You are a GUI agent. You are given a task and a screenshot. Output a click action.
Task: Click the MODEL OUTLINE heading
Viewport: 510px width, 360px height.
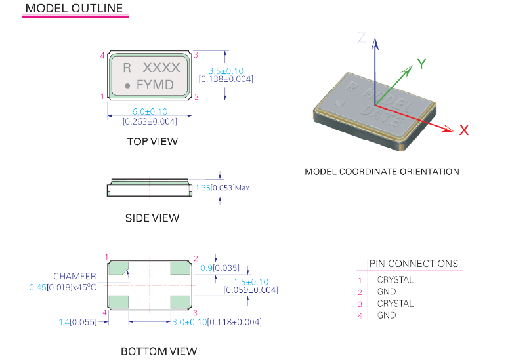click(x=74, y=9)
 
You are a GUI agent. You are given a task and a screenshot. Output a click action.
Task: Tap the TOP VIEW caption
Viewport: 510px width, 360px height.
click(x=152, y=141)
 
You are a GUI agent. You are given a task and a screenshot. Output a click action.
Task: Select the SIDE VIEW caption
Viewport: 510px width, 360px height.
click(x=152, y=218)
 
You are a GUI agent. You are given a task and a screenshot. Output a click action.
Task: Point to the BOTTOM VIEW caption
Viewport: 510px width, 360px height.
click(x=159, y=351)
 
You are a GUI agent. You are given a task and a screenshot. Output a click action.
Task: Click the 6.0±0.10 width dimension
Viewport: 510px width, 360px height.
click(x=150, y=111)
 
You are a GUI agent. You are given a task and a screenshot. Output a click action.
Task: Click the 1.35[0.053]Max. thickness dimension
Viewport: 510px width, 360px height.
click(x=223, y=188)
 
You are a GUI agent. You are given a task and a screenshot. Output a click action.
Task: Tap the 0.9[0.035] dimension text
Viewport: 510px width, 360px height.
click(x=219, y=268)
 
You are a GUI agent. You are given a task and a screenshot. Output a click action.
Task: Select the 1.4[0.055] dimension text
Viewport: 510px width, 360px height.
click(x=78, y=322)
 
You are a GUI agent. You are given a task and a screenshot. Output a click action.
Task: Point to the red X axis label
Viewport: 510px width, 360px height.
click(x=464, y=130)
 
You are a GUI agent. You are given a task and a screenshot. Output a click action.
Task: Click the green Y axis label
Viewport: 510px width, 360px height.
click(x=422, y=64)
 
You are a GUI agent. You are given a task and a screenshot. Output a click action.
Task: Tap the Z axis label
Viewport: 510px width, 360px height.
click(x=361, y=37)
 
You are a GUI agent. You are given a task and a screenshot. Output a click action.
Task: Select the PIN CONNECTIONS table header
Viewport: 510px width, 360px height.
click(x=414, y=264)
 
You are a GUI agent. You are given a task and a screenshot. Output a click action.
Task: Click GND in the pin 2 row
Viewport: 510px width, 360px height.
click(x=387, y=291)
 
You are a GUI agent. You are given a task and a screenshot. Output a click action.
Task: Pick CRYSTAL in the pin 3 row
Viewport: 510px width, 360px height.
click(x=395, y=304)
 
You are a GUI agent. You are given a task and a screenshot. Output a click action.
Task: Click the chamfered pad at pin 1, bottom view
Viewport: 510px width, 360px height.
click(x=118, y=268)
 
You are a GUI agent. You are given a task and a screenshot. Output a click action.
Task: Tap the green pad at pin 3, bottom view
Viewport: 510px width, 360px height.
click(x=179, y=301)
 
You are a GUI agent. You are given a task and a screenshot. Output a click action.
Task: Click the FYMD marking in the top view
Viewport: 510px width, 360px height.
click(x=155, y=85)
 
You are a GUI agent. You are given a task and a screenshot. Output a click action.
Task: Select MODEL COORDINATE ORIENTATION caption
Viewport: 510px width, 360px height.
click(x=382, y=172)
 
